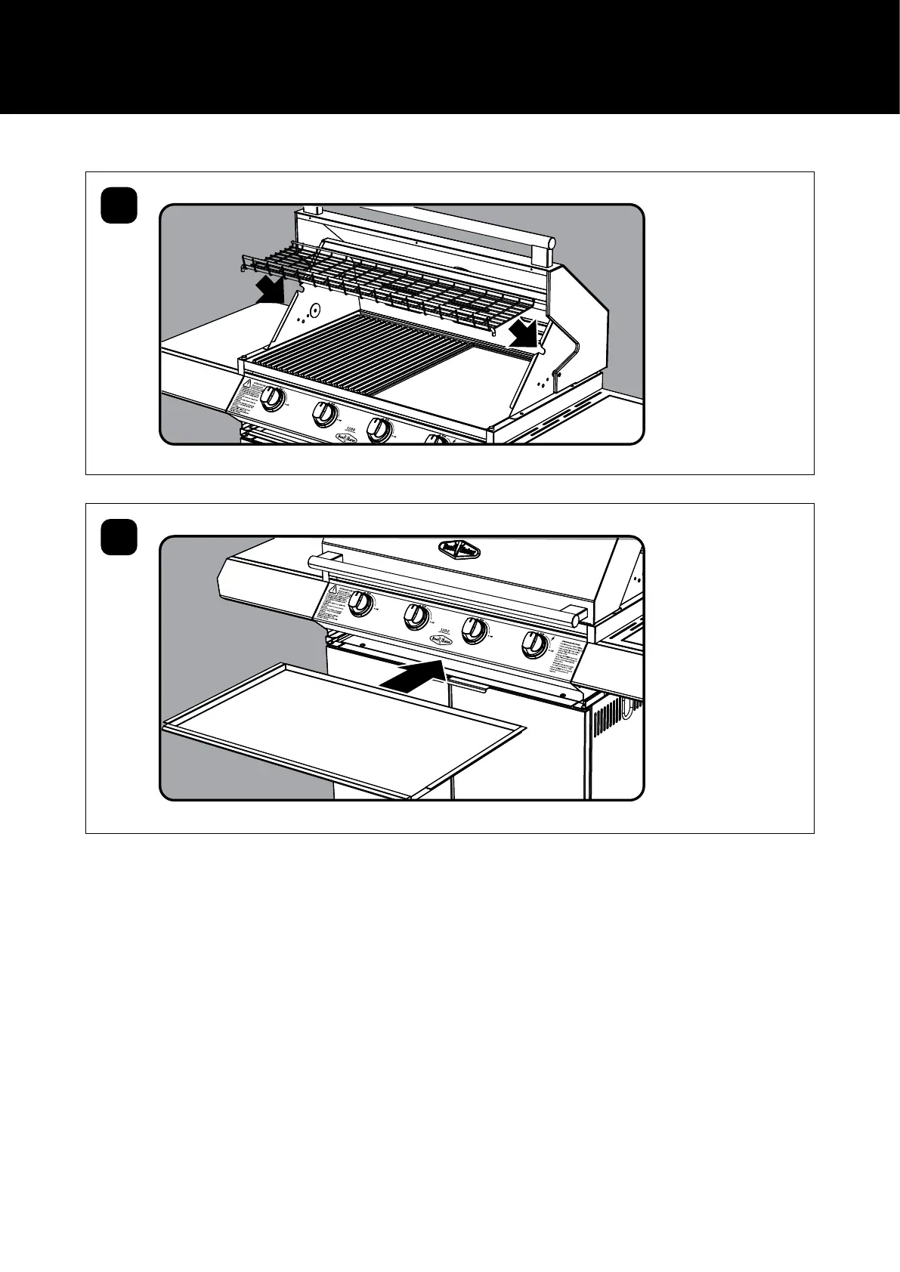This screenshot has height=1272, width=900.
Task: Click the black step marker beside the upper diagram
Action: tap(119, 205)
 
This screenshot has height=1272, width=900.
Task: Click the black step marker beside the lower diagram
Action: tap(119, 537)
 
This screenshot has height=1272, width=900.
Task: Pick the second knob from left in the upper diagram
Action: tap(325, 412)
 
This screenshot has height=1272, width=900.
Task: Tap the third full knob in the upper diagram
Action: tap(379, 430)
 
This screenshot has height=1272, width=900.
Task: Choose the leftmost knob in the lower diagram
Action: tap(362, 603)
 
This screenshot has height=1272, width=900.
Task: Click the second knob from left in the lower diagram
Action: tap(416, 617)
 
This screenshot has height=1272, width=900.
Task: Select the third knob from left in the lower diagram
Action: tap(475, 631)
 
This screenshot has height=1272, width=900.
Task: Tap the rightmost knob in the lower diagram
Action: tap(535, 644)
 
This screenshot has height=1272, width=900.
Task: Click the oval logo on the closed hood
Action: tap(459, 549)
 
